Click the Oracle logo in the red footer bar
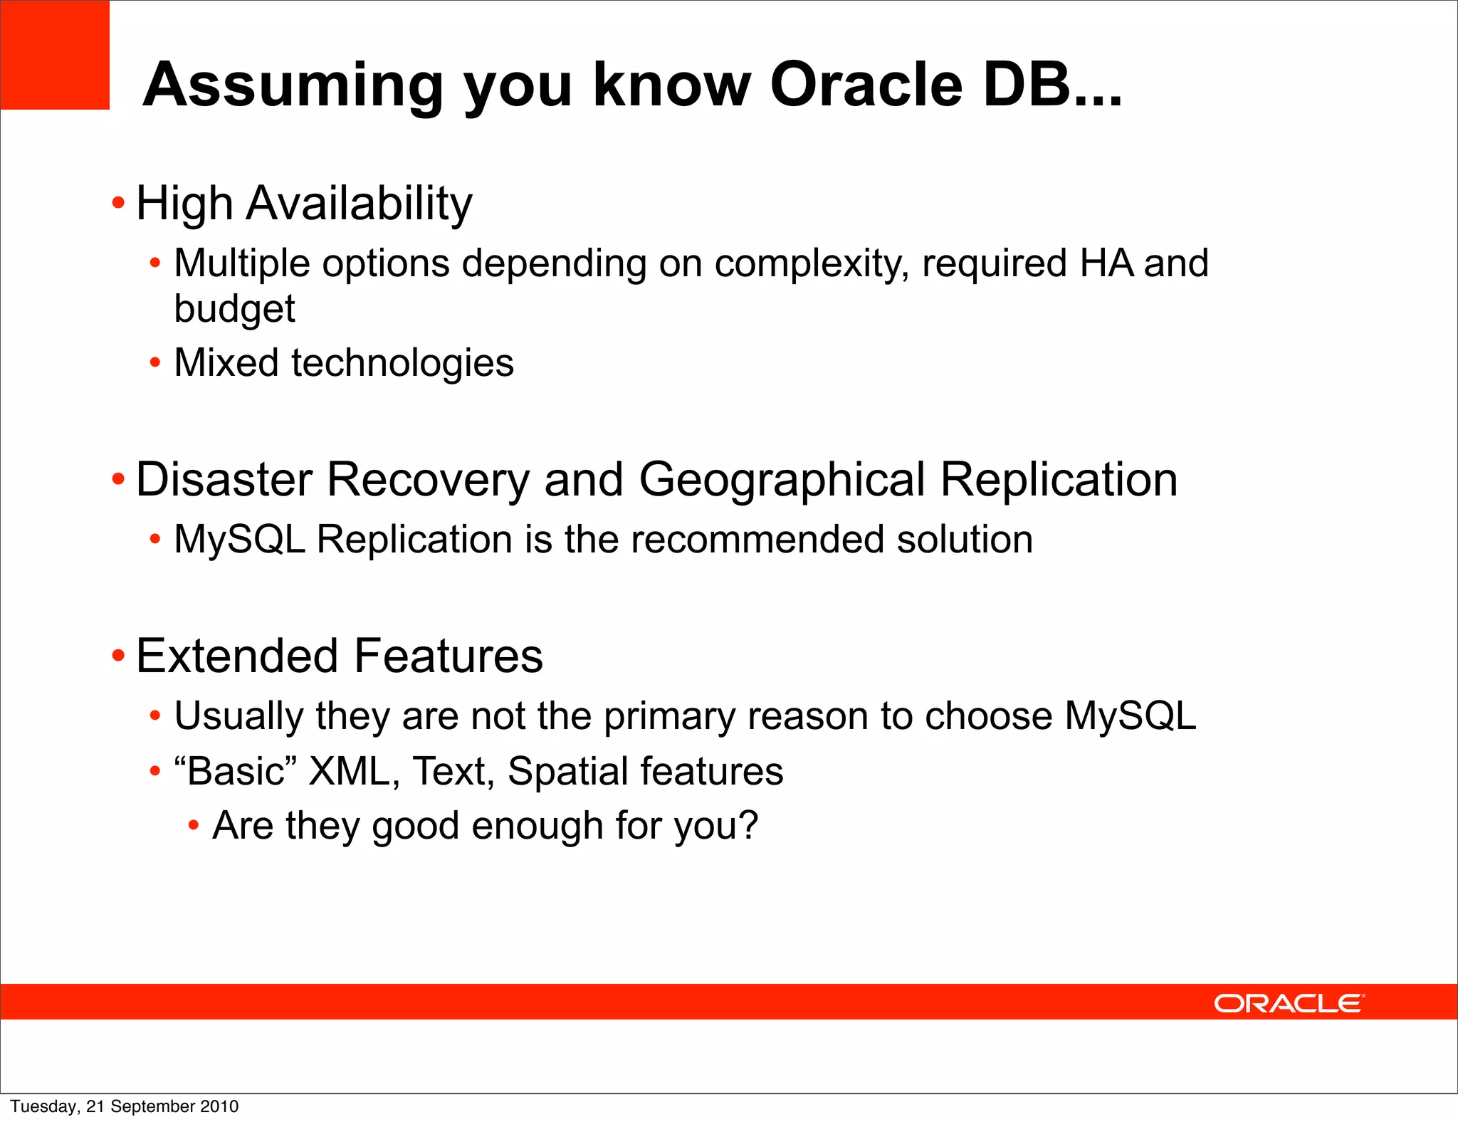click(x=1288, y=1003)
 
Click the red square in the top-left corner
click(x=55, y=55)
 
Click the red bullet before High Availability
click(x=118, y=204)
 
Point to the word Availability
click(x=359, y=204)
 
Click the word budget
click(x=234, y=309)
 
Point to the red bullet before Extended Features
click(x=118, y=655)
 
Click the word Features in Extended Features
click(x=448, y=656)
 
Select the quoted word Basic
click(x=235, y=771)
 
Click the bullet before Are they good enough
click(x=193, y=826)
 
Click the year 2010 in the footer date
click(x=219, y=1106)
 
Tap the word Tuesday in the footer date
click(x=43, y=1106)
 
